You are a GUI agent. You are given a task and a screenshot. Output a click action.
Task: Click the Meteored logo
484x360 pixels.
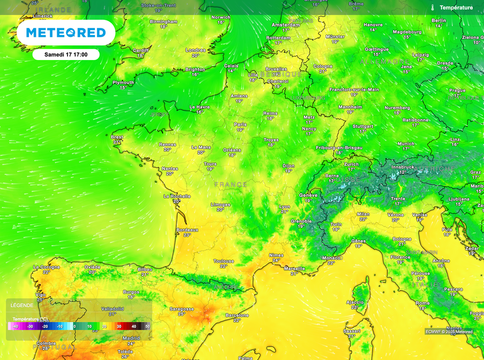(x=66, y=33)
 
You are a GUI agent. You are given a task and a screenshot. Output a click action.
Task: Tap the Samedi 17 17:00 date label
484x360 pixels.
(x=66, y=55)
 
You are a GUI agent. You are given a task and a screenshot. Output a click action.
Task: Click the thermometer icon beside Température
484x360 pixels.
(x=432, y=8)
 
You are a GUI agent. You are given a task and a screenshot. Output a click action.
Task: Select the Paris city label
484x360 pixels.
(x=240, y=125)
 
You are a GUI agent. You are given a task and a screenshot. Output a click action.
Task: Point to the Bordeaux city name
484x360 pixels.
(x=187, y=230)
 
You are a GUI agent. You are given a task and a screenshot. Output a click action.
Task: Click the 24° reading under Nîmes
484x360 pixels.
(x=276, y=260)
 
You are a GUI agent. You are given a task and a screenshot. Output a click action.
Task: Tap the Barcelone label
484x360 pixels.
(x=237, y=315)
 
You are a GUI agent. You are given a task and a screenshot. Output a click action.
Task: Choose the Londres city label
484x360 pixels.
(x=196, y=50)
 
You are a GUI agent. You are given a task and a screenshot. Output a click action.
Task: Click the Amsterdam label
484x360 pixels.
(x=285, y=25)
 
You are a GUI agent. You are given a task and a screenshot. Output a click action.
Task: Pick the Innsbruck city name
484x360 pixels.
(x=403, y=167)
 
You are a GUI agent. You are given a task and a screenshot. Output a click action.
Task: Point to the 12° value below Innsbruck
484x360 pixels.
(x=403, y=172)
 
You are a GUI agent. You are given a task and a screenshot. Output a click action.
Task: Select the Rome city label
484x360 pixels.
(x=423, y=303)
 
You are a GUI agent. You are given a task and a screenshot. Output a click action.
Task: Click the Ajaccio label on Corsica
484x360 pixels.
(x=355, y=302)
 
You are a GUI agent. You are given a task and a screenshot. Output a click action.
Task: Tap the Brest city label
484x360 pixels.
(x=117, y=137)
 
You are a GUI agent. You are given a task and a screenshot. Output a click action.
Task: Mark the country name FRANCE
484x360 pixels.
(x=231, y=184)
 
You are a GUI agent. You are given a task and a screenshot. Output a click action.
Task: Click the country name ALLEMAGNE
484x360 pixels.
(x=384, y=62)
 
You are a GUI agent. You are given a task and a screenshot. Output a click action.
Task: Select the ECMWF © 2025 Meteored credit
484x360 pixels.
(x=449, y=332)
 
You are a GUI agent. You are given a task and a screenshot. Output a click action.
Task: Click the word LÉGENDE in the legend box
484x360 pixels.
(x=22, y=306)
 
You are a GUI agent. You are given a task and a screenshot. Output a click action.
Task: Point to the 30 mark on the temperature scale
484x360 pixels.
(x=119, y=326)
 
